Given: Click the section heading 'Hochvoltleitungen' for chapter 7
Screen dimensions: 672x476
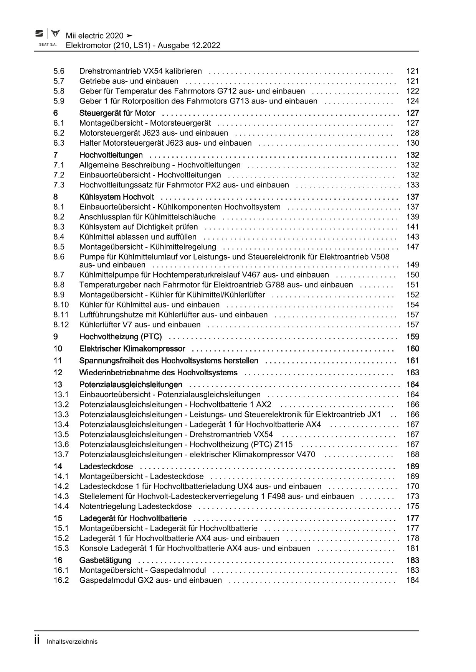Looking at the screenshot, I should pos(111,155).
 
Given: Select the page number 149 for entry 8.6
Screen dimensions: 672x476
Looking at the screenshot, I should pos(412,265).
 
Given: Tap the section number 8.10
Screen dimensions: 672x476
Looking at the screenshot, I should pos(61,304).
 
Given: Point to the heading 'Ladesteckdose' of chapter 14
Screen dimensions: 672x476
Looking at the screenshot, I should pos(106,466).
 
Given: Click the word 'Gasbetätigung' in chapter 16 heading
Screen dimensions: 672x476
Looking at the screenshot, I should pos(105,560).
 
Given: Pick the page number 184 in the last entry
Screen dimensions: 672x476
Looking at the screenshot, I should pos(412,580).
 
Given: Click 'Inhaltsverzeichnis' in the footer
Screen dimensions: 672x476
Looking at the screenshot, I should pos(72,641).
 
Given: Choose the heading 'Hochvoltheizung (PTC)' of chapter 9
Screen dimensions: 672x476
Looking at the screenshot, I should pos(121,337).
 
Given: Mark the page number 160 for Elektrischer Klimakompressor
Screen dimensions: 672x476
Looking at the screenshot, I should pos(412,348).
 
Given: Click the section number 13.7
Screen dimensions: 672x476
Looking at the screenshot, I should pos(61,454).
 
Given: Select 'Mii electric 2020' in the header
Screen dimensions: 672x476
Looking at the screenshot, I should pos(94,36).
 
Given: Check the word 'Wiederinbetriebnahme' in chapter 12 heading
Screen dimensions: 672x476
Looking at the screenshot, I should pos(117,372).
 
